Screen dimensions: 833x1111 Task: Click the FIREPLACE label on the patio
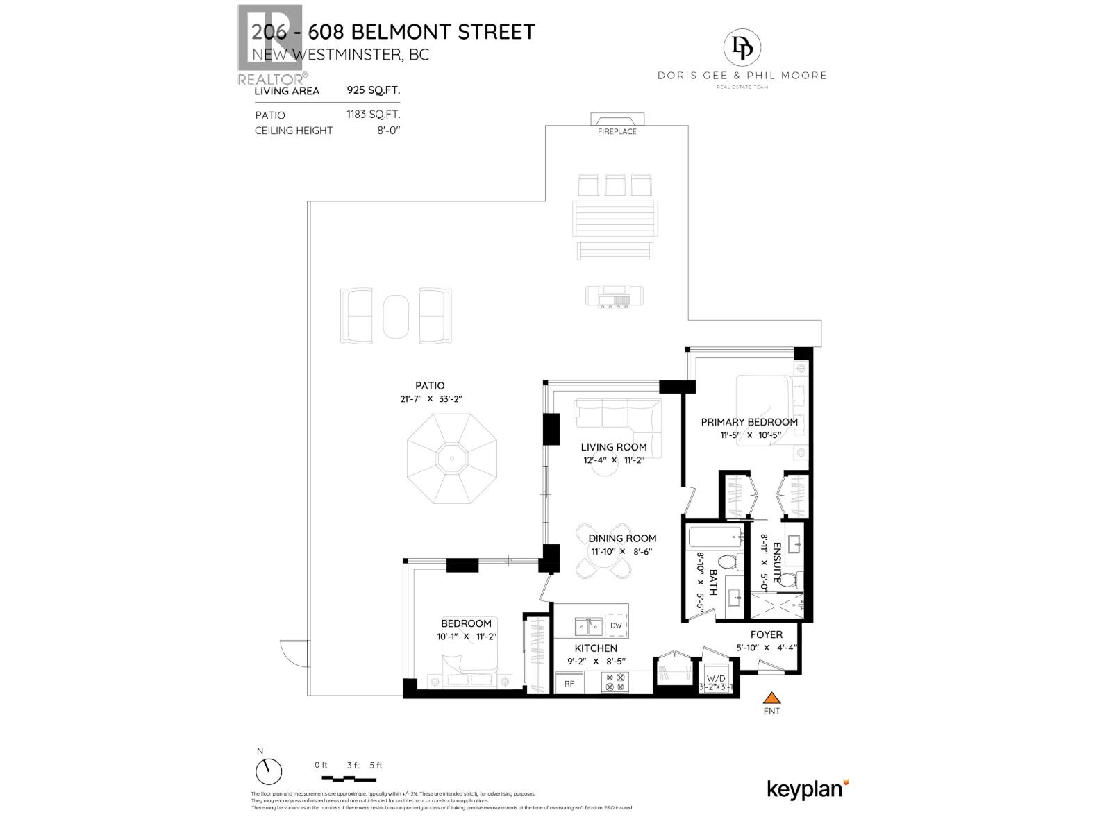click(x=617, y=131)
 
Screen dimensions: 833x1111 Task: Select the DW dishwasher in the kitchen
click(x=616, y=625)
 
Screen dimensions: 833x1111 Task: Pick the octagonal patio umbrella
click(x=451, y=458)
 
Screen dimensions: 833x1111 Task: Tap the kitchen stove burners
click(x=615, y=682)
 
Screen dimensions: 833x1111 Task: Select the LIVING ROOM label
click(x=614, y=447)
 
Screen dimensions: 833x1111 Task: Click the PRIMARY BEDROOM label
click(x=749, y=421)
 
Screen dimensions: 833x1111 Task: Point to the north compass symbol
click(x=269, y=771)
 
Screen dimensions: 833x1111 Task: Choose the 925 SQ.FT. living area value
click(x=374, y=90)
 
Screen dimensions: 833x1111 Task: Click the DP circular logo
click(x=742, y=47)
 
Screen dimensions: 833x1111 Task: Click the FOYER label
click(x=766, y=634)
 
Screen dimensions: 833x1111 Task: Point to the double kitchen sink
click(x=589, y=626)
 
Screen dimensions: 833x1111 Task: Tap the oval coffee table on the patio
click(x=396, y=315)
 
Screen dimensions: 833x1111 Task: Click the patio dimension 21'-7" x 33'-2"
click(x=430, y=399)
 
